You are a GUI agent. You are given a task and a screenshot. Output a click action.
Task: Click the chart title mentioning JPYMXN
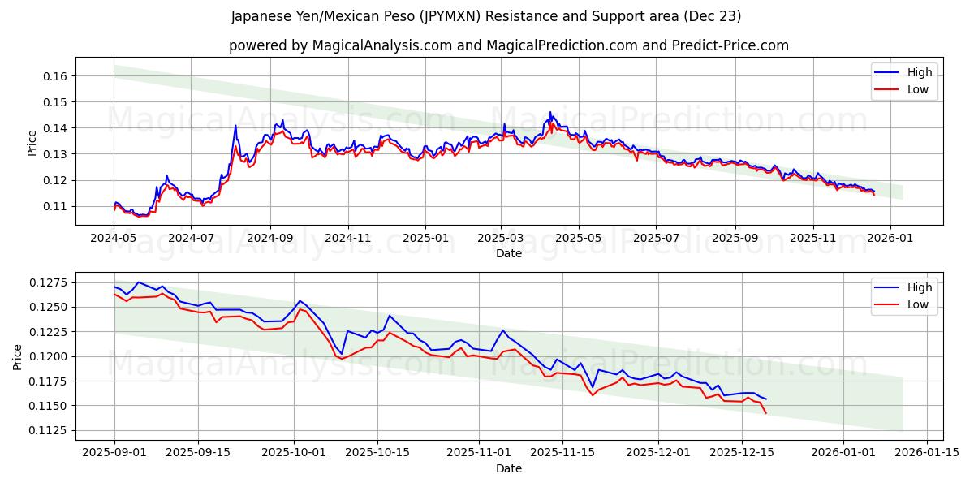click(x=485, y=16)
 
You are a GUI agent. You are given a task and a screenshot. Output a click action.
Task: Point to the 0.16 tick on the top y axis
click(x=54, y=76)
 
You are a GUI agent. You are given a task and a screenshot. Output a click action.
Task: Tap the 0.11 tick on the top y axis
click(x=54, y=206)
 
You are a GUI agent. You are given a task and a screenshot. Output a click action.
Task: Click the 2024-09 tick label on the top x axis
click(x=269, y=239)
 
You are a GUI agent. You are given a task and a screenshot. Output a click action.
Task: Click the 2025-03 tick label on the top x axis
click(x=501, y=239)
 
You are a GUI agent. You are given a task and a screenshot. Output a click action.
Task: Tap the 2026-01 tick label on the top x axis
click(x=890, y=239)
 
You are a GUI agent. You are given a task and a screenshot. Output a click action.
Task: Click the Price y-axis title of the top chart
click(x=32, y=142)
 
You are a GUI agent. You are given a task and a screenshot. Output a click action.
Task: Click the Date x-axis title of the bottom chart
click(x=508, y=468)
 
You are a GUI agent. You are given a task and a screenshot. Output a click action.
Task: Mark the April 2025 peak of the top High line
click(x=549, y=112)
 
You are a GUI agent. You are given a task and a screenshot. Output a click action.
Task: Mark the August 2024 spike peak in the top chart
click(x=235, y=125)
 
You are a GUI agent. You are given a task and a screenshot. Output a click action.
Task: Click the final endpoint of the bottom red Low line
click(x=765, y=413)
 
